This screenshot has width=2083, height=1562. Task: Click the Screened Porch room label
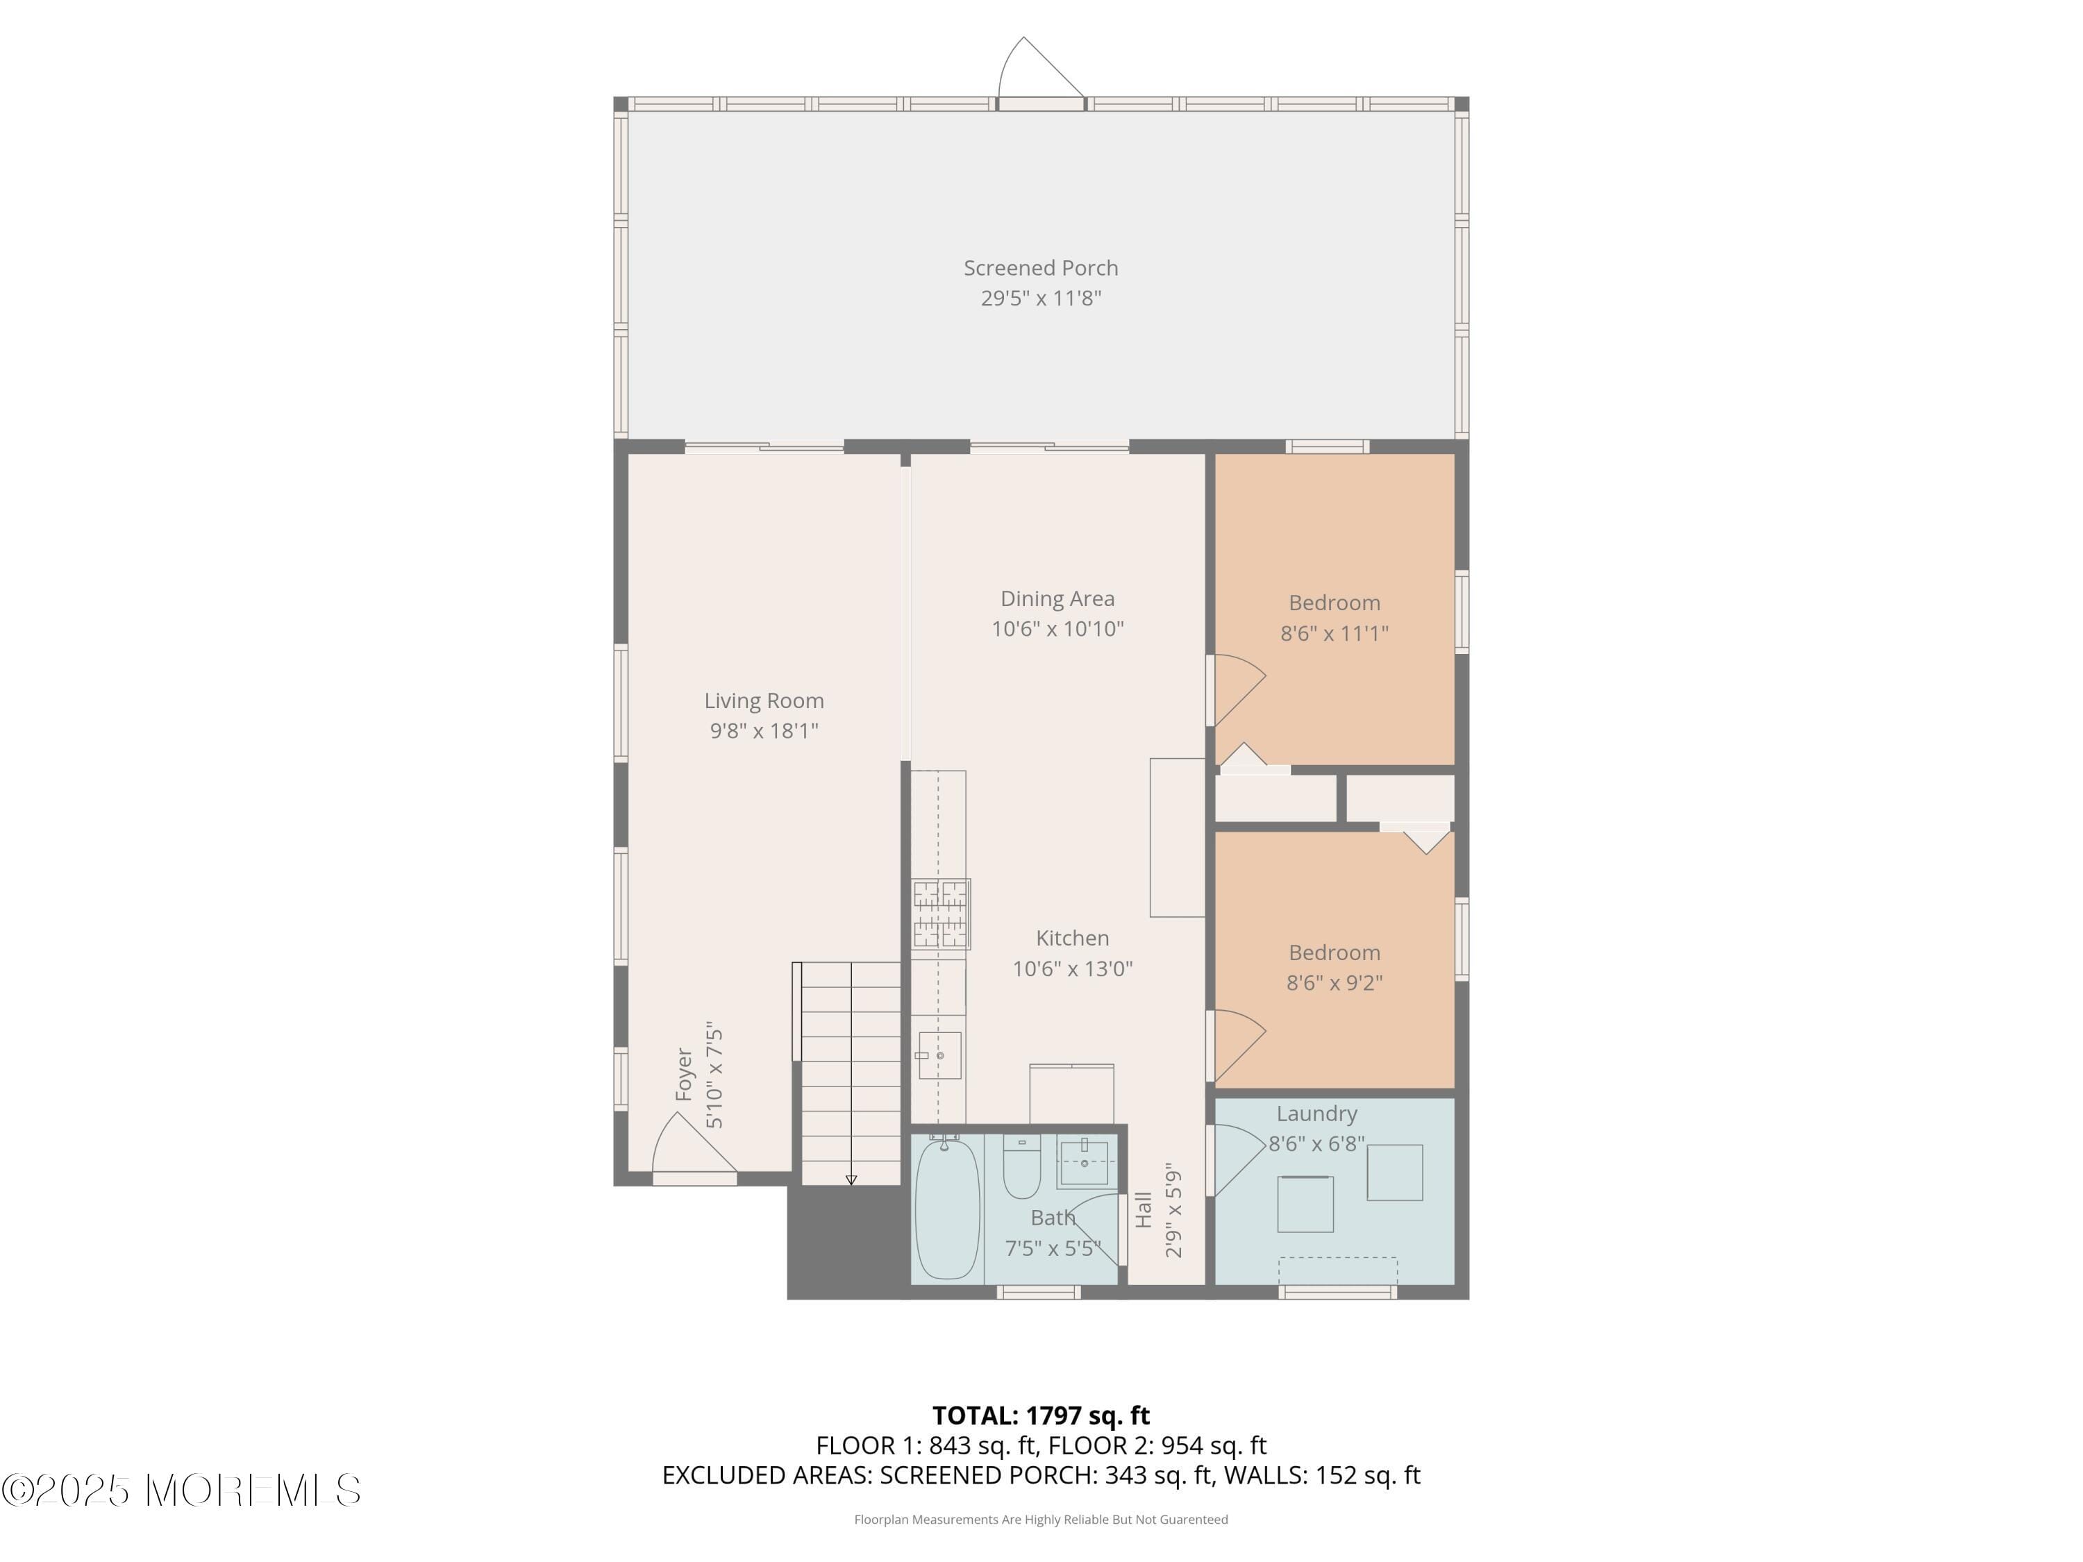[x=1041, y=269]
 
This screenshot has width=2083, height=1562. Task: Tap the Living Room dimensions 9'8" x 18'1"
[x=764, y=730]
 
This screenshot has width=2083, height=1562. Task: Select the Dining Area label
[x=1057, y=599]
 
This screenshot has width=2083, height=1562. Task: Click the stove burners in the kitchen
[x=940, y=914]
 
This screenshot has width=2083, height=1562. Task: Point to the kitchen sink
[x=940, y=1055]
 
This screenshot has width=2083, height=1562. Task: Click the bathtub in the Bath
[x=946, y=1208]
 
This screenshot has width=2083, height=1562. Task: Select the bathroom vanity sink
[x=1084, y=1163]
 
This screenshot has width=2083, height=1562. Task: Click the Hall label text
[x=1144, y=1210]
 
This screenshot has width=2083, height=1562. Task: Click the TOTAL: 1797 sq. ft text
[x=1041, y=1415]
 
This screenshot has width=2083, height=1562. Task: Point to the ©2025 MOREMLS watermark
[x=181, y=1490]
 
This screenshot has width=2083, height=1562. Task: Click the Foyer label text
[x=685, y=1074]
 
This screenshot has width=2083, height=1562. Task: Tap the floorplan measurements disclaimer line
[x=1041, y=1519]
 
